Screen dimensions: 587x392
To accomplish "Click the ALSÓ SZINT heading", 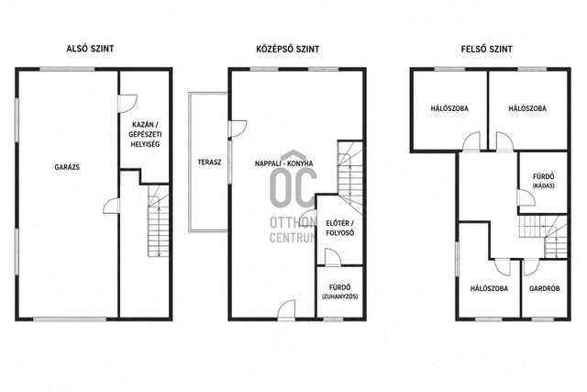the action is point(90,49).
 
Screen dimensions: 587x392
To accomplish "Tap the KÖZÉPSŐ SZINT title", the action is point(287,49).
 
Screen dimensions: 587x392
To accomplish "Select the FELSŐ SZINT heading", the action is point(487,49).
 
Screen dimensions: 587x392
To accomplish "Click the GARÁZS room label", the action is point(67,167).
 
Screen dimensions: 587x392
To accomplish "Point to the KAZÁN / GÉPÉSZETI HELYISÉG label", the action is point(145,134).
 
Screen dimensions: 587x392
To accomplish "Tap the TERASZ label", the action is point(210,162).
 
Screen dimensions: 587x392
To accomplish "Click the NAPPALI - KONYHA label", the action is point(283,163).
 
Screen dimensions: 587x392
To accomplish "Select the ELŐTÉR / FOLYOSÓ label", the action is point(340,228).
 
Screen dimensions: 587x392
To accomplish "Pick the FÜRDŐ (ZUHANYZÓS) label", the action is point(340,292).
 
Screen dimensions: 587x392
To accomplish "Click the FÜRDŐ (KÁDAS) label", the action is point(544,180).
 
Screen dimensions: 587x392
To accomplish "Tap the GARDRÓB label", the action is point(544,288).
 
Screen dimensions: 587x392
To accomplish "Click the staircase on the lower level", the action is point(159,221).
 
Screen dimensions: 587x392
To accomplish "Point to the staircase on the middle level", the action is point(350,175).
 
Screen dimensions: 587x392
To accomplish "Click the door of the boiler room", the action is point(127,104).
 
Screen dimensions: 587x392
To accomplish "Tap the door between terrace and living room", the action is point(238,129).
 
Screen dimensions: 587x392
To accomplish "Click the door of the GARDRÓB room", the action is point(531,267).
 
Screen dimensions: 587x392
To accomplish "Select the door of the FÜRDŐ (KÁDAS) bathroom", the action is point(526,197).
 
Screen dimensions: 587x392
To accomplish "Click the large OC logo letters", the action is point(293,187).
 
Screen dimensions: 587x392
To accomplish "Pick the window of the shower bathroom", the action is point(330,319).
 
